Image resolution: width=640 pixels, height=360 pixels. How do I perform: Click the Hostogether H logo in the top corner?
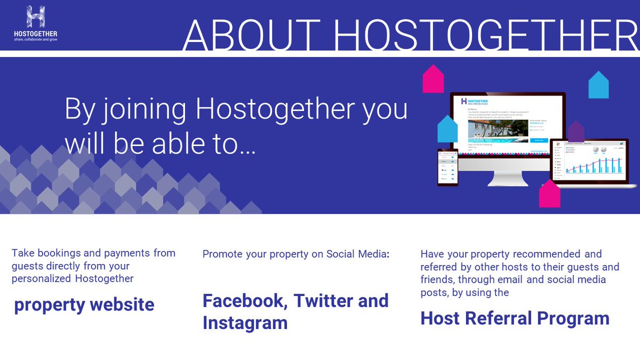35,18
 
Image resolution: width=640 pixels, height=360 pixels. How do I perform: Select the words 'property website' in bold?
84,305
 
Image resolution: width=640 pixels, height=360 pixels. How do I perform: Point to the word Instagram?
245,323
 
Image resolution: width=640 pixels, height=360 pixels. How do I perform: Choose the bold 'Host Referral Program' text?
515,318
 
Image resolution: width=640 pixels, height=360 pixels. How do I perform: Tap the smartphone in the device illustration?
447,166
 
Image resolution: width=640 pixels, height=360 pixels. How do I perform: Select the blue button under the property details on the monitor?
539,140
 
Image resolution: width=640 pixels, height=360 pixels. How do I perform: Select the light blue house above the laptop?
598,85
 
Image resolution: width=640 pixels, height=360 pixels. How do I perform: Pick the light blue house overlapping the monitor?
448,129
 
